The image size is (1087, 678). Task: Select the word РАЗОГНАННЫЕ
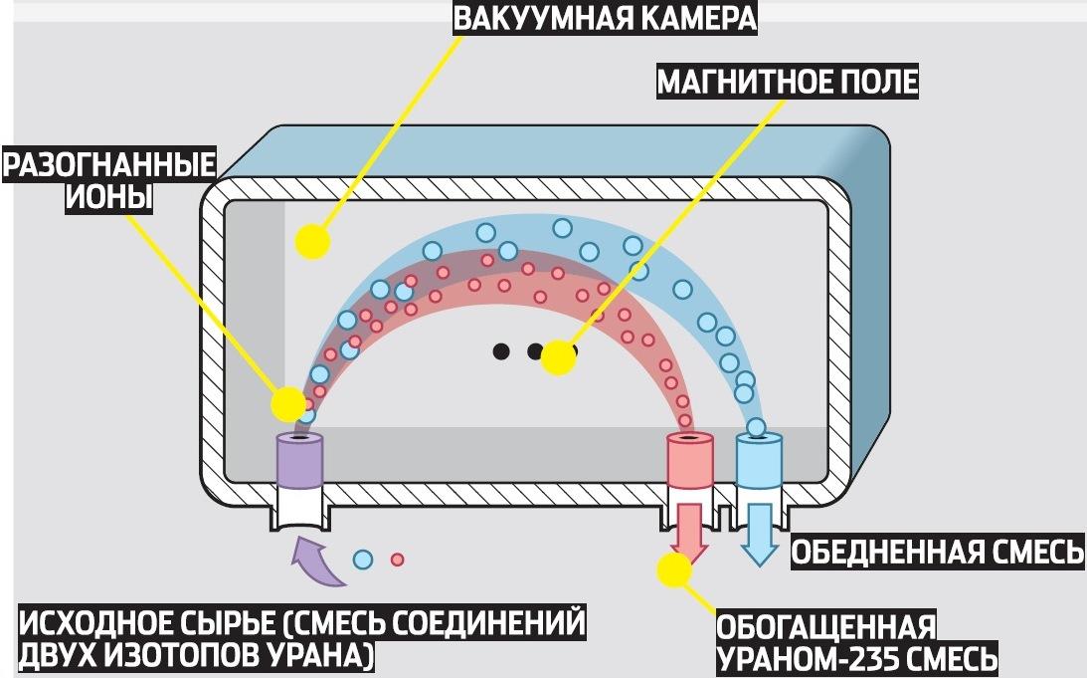[x=110, y=164]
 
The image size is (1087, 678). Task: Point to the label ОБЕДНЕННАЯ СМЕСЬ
[x=937, y=553]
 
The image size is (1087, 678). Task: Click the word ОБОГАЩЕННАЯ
[x=826, y=627]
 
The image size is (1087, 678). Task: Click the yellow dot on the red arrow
[x=674, y=569]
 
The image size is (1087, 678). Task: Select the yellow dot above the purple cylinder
[x=288, y=403]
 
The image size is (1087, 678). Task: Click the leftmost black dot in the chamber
[x=502, y=350]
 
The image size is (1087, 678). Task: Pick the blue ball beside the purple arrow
[x=364, y=560]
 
